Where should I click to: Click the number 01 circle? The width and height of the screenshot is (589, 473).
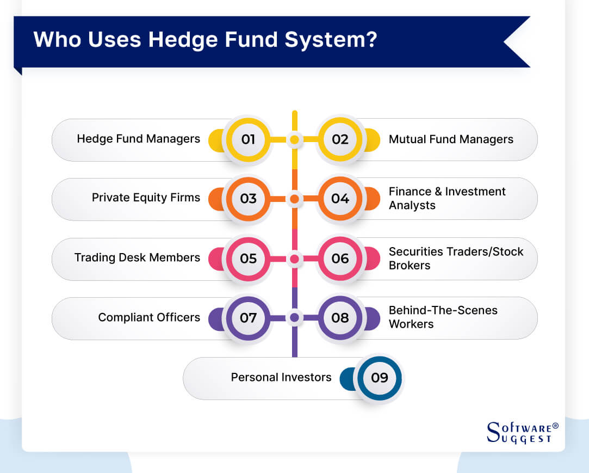248,139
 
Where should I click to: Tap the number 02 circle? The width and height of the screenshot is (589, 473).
340,139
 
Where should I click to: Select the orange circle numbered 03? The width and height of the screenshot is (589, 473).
248,199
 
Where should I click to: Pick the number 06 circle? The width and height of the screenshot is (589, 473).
340,258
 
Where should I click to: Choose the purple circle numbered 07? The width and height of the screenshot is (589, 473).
248,317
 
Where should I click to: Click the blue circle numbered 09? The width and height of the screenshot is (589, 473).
379,377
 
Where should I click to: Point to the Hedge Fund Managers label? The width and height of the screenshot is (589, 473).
138,139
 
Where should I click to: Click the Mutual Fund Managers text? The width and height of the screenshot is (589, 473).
451,139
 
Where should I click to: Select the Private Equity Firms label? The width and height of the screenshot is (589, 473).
146,198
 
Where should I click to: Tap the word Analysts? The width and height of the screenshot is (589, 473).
412,206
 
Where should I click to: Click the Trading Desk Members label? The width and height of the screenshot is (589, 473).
137,257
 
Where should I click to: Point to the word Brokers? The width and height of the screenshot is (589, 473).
409,266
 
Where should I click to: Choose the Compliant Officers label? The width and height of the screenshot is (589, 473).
149,317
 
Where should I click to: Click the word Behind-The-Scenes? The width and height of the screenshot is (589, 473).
443,310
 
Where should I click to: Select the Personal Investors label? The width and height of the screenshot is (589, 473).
281,377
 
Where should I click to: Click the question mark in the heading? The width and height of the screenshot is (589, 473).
371,40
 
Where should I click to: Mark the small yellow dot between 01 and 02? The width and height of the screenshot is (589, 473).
294,140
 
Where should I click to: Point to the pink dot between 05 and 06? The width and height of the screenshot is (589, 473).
294,259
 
